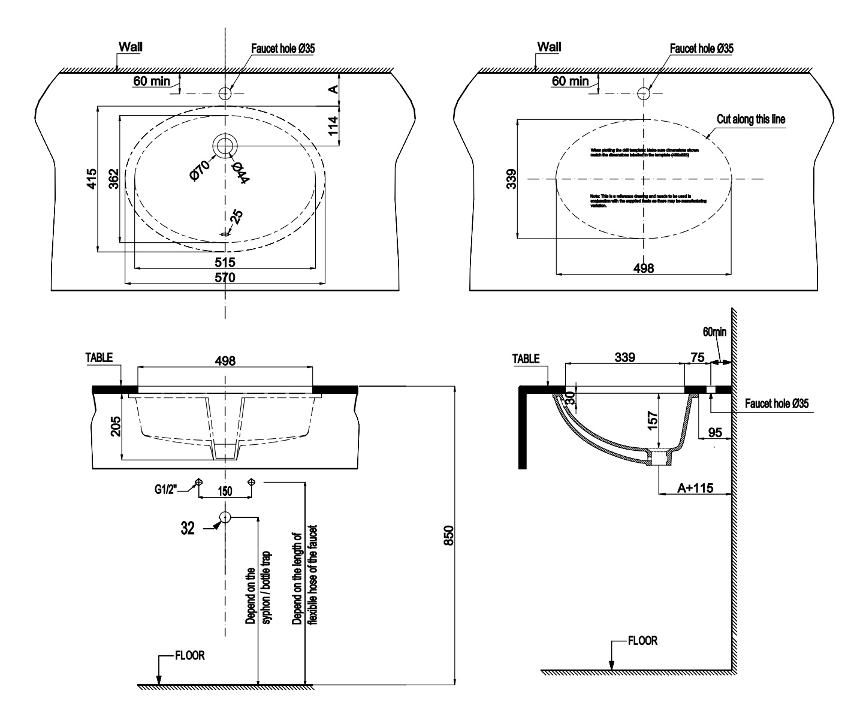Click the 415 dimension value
click(91, 179)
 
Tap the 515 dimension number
click(225, 262)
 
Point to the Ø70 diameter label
click(198, 170)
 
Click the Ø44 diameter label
click(240, 173)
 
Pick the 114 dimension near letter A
click(334, 126)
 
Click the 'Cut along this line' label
click(750, 119)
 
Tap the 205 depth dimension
click(116, 427)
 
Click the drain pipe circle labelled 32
click(225, 517)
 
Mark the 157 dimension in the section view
click(653, 418)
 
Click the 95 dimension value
click(714, 432)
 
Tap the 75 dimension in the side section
click(697, 357)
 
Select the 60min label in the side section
click(714, 332)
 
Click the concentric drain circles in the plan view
click(225, 145)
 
